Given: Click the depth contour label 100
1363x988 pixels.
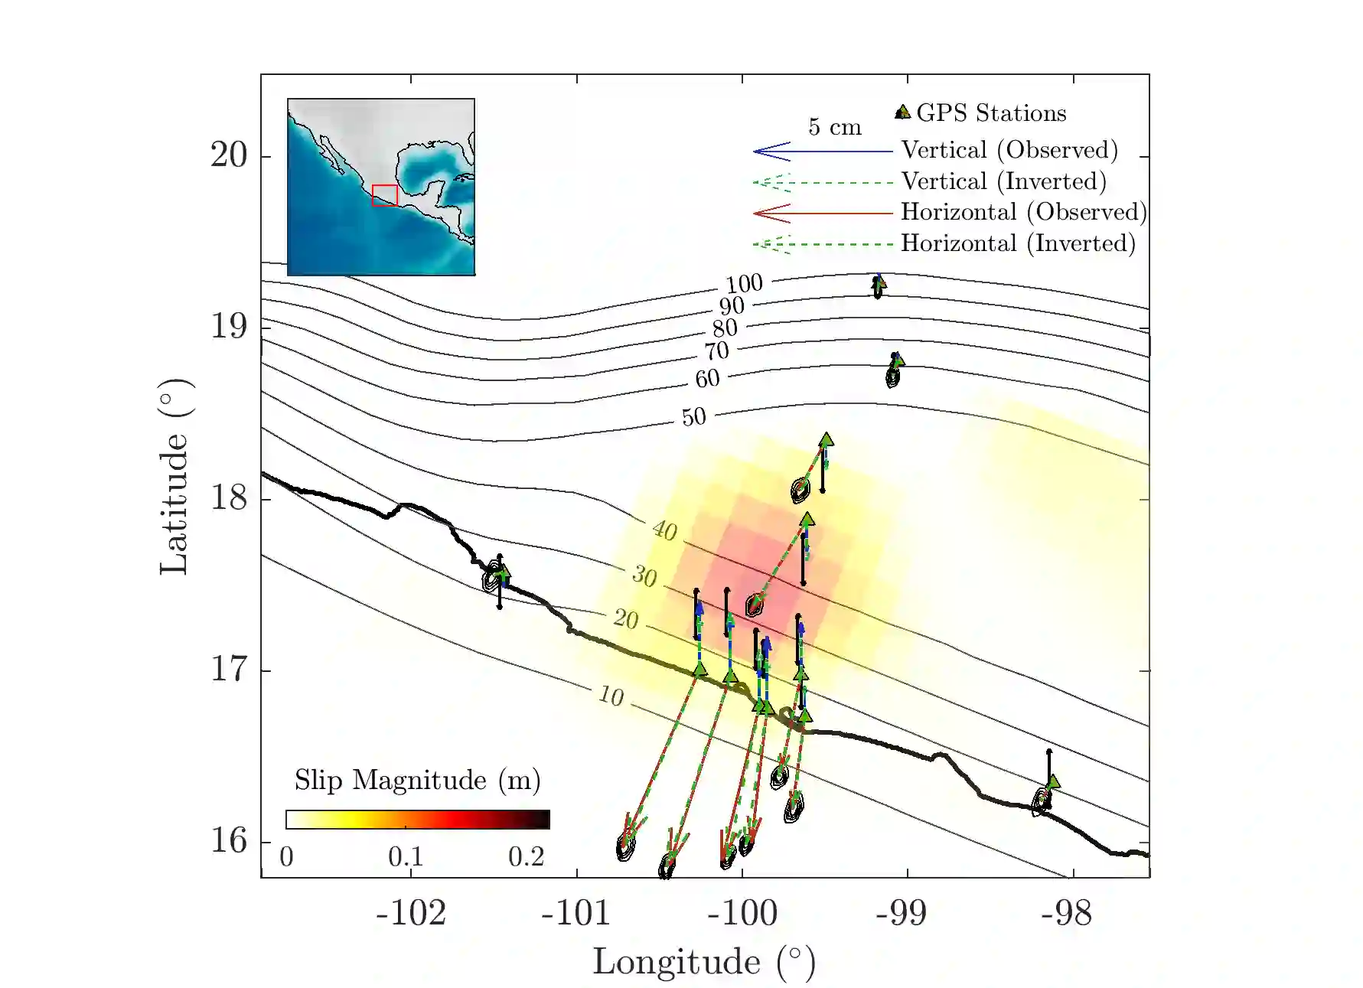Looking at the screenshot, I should click(744, 284).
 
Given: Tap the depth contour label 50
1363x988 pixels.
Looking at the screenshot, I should click(693, 417).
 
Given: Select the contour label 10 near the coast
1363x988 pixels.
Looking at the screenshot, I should click(611, 696).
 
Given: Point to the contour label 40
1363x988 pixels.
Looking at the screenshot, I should click(664, 530).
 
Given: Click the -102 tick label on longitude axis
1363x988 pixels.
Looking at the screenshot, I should click(410, 913).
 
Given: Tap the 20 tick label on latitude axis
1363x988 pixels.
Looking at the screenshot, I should click(229, 155).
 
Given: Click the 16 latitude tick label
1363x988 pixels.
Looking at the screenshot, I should click(229, 841).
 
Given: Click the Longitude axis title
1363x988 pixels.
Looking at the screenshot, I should click(703, 962).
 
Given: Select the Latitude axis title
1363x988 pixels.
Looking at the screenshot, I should click(174, 476).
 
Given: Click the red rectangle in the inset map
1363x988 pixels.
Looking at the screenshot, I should click(384, 195).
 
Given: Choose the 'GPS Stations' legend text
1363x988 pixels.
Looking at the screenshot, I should click(990, 113).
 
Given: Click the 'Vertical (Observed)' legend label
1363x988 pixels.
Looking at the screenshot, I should click(1009, 150).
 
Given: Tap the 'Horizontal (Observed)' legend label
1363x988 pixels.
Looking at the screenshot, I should click(1023, 212).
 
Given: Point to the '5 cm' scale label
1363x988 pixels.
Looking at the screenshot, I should click(834, 127).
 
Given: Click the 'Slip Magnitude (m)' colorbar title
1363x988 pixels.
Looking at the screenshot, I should click(417, 781).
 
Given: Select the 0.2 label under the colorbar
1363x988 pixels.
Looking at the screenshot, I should click(526, 857).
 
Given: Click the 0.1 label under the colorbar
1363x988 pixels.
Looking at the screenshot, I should click(406, 857).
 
